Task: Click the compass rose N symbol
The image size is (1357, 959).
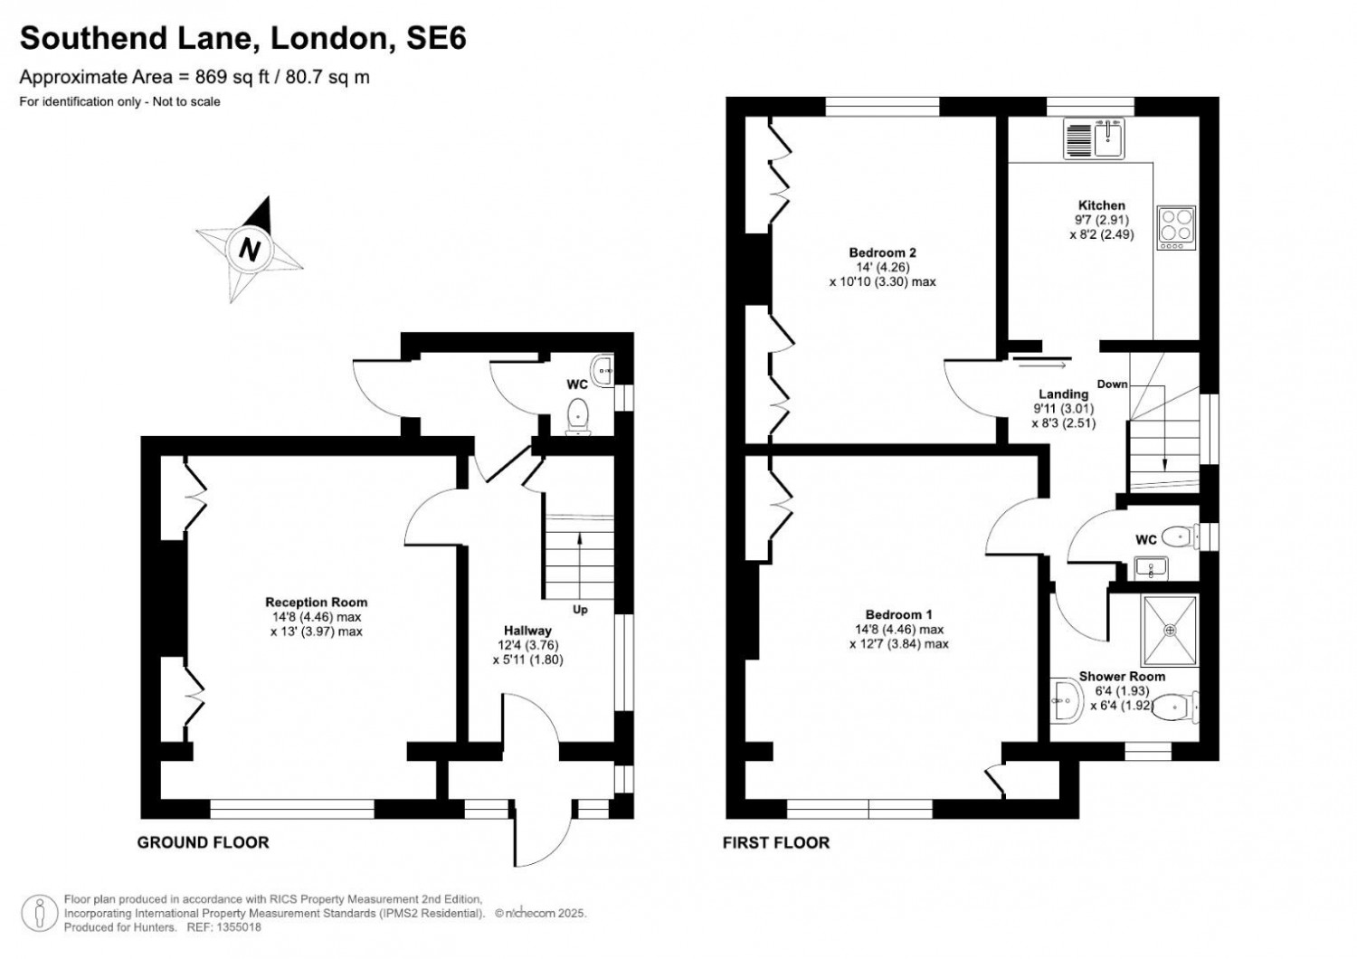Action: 250,249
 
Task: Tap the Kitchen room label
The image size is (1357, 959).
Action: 1101,205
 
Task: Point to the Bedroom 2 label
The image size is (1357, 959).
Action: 876,252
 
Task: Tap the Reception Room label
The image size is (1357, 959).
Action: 316,602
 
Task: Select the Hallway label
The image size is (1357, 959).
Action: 527,631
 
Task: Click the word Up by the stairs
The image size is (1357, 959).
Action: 580,609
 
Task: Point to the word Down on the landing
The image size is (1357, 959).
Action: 1112,384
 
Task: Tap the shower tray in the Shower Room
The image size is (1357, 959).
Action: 1170,630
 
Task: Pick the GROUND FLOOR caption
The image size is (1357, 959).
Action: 203,842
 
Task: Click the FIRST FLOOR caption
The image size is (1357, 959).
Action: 775,842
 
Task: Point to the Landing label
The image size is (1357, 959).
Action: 1063,394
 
